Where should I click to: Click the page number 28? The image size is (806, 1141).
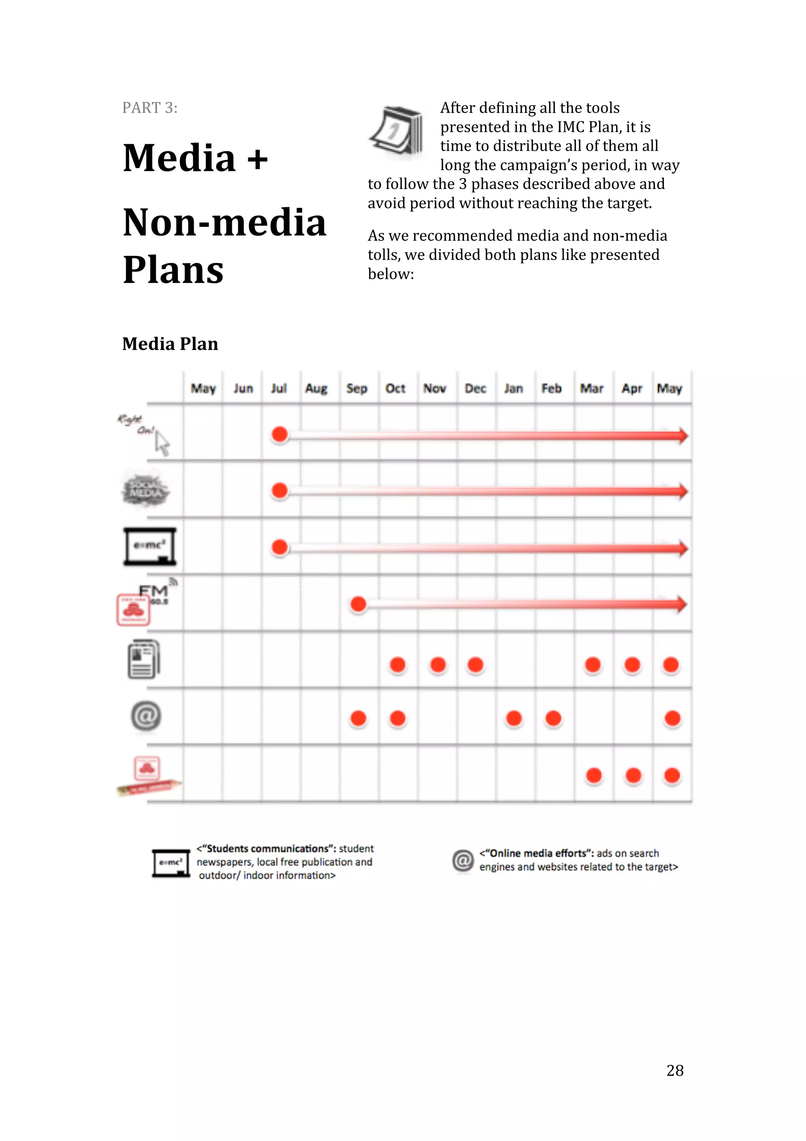(675, 1070)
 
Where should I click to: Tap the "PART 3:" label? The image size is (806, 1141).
(150, 108)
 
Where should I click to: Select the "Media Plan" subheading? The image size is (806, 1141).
(170, 344)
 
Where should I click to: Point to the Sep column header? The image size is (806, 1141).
(357, 388)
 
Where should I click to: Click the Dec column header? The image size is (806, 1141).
(475, 388)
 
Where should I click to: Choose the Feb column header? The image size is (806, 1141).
(551, 388)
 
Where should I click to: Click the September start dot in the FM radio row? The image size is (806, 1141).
(358, 604)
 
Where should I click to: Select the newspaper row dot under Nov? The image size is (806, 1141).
(438, 665)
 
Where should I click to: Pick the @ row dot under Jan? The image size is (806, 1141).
(514, 718)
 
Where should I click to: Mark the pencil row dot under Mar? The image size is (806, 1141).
(593, 775)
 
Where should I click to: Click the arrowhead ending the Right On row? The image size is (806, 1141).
(682, 436)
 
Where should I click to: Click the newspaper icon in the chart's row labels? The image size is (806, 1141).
(144, 659)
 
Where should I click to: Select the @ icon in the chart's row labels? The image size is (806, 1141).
(146, 716)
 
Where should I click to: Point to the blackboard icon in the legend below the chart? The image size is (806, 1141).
(171, 863)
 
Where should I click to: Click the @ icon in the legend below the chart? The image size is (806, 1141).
(463, 860)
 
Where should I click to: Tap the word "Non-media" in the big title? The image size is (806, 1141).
(224, 222)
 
